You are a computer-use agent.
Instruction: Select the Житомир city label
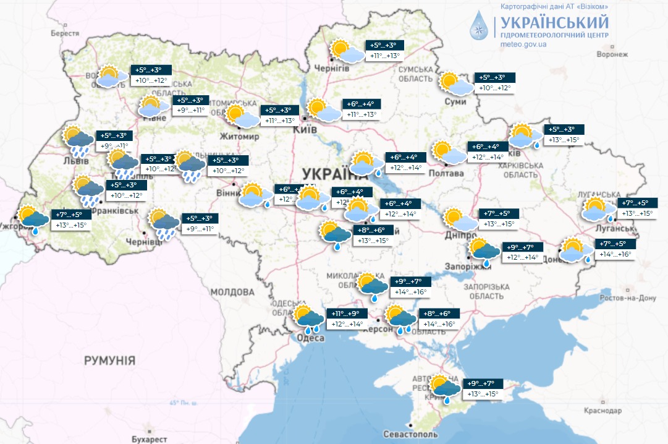(x=240, y=136)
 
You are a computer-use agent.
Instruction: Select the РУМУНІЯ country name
(x=109, y=360)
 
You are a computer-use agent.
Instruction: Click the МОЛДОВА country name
(x=232, y=292)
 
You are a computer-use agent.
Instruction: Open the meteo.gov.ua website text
(x=523, y=45)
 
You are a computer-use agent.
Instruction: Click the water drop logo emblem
(x=480, y=26)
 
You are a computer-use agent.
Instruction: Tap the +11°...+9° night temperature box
(x=349, y=314)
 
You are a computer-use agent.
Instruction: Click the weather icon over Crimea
(x=445, y=387)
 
